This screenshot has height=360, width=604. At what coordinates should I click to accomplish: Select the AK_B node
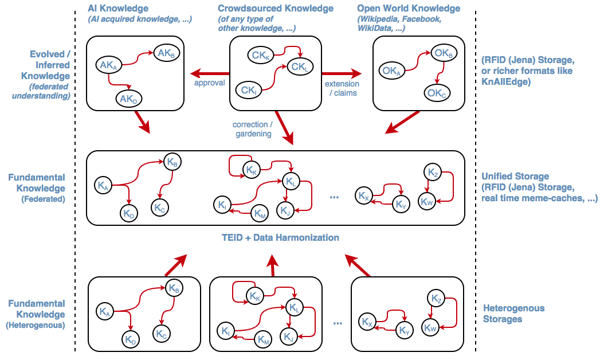pos(166,54)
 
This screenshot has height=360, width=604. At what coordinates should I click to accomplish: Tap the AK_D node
pos(129,99)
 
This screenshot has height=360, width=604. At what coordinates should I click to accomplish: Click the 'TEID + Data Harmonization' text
pos(280,237)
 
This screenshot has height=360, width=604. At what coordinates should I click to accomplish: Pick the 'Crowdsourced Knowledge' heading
pos(276,9)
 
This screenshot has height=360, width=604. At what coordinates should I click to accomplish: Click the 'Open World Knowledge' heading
pos(409,9)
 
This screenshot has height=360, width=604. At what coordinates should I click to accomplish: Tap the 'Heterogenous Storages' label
pos(513,314)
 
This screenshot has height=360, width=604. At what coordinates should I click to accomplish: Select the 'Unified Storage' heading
pos(515,177)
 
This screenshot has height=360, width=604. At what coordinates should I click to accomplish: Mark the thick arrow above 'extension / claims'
pos(342,73)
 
